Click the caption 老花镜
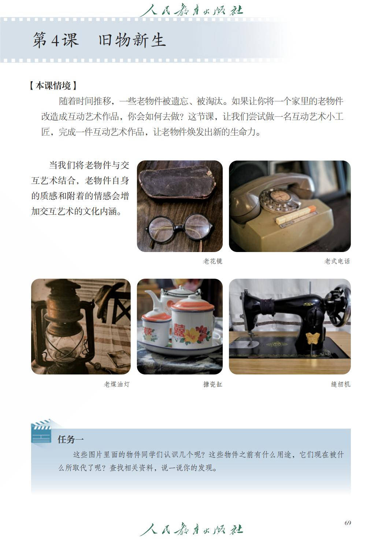tap(212, 261)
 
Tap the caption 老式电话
tap(337, 261)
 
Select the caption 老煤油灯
tap(116, 384)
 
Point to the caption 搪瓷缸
tap(212, 384)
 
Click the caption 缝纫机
tap(340, 384)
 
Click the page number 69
tap(348, 523)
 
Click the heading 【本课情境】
tap(53, 86)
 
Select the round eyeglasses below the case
tap(179, 228)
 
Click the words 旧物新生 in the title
tap(132, 40)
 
